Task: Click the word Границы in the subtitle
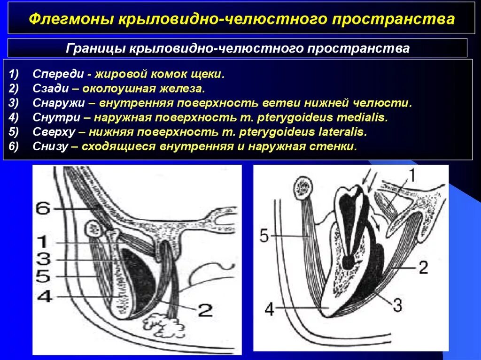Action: (95, 48)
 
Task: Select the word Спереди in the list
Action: (58, 74)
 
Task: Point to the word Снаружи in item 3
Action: (58, 103)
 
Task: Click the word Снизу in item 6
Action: (50, 146)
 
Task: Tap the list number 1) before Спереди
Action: (14, 74)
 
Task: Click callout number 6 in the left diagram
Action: (43, 208)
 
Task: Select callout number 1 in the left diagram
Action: (43, 242)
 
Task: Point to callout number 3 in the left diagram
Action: (43, 259)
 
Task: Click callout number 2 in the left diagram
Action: (205, 310)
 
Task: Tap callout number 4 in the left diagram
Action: (45, 297)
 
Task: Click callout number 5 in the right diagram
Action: (264, 236)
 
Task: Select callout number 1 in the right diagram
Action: (411, 176)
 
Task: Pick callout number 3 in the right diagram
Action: (397, 305)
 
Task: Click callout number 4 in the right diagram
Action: (269, 309)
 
